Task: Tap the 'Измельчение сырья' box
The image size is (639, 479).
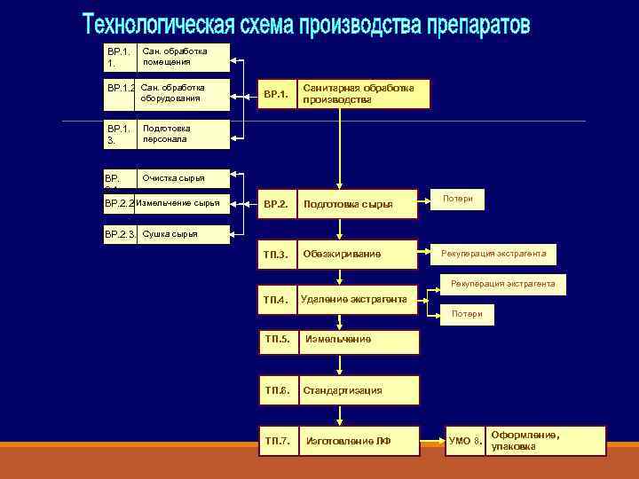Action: pyautogui.click(x=167, y=204)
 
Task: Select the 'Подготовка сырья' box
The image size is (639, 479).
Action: pyautogui.click(x=337, y=204)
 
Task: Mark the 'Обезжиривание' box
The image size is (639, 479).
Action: pyautogui.click(x=337, y=255)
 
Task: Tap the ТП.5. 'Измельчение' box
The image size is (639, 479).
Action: pyautogui.click(x=337, y=340)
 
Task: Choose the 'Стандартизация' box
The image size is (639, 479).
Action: pyautogui.click(x=337, y=390)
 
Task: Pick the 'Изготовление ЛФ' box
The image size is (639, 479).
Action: pyautogui.click(x=337, y=441)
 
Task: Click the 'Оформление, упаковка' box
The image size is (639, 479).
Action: pyautogui.click(x=525, y=441)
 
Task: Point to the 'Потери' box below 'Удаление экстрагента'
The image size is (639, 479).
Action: pyautogui.click(x=467, y=314)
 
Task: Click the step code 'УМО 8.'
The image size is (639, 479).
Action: pyautogui.click(x=465, y=441)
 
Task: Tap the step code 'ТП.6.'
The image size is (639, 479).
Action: pyautogui.click(x=277, y=390)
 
